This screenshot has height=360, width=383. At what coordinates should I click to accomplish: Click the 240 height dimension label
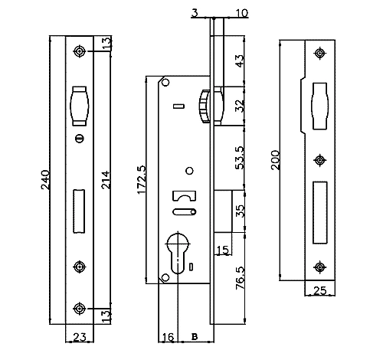point(45,180)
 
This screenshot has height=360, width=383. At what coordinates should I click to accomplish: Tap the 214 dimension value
point(106,180)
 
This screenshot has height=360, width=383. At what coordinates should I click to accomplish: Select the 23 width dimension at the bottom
point(80,337)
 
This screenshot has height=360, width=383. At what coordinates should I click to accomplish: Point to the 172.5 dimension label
point(142,180)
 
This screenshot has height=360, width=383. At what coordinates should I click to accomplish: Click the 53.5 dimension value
point(240,158)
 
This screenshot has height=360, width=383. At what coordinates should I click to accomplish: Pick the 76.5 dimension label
point(240,278)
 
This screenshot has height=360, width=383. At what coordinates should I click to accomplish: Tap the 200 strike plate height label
point(276,160)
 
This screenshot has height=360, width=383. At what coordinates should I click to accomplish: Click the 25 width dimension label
point(320,290)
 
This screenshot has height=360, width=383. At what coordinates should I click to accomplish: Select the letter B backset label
point(195,337)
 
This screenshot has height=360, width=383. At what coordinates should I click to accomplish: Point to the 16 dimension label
point(168,337)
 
